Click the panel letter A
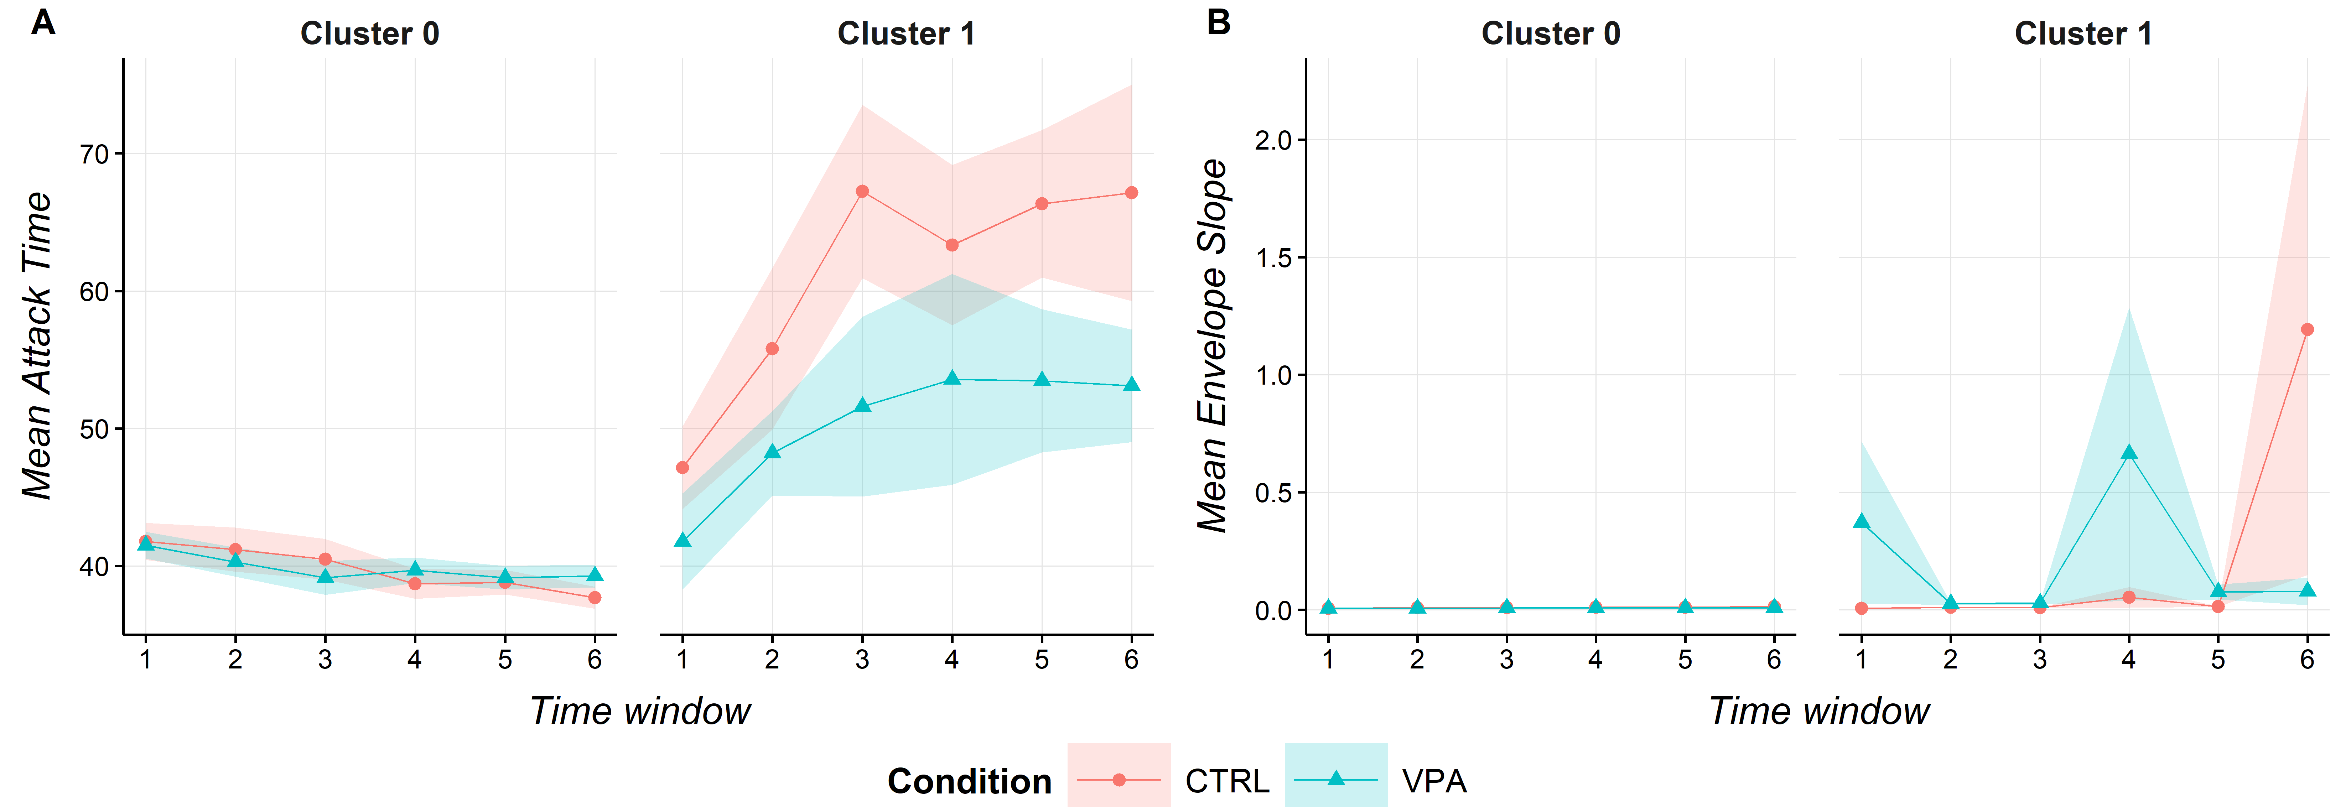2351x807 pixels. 43,22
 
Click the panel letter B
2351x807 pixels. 1218,22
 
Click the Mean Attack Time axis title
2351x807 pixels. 37,345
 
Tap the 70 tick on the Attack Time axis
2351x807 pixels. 94,154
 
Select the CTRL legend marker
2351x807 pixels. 1119,780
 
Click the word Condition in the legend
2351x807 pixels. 969,781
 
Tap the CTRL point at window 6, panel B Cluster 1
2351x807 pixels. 2307,329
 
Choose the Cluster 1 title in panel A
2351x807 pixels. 906,34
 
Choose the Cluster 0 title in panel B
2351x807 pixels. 1551,34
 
